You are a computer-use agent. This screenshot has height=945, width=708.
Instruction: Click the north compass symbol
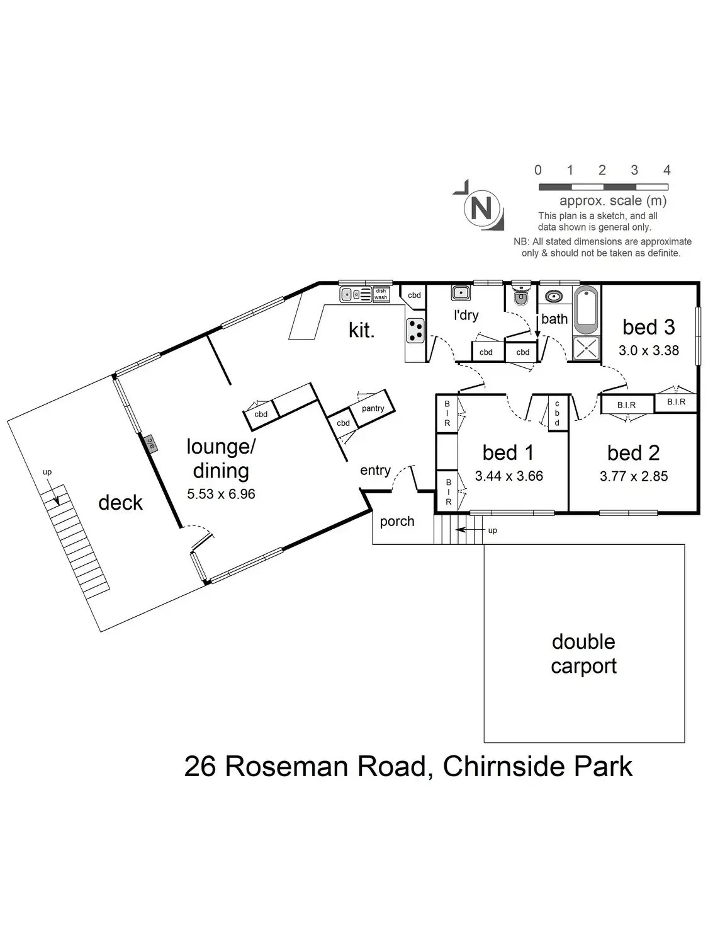(481, 207)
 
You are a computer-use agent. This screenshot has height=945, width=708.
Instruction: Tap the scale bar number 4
(666, 170)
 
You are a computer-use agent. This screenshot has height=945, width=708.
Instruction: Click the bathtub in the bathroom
(587, 309)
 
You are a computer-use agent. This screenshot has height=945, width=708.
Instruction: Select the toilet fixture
(520, 296)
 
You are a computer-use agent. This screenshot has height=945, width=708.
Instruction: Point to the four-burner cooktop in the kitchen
(415, 329)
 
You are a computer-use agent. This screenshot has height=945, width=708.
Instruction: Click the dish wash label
(381, 294)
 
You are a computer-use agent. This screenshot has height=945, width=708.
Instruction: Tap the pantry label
(373, 408)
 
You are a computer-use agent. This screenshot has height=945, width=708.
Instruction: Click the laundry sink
(460, 293)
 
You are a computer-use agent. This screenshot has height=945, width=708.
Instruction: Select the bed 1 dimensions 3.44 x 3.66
(509, 476)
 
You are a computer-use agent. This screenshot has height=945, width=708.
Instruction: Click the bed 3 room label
(648, 327)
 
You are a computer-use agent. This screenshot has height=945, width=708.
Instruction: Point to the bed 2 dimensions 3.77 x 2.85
(633, 476)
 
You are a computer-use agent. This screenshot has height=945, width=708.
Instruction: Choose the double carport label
(583, 654)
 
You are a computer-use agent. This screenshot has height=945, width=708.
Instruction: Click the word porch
(397, 522)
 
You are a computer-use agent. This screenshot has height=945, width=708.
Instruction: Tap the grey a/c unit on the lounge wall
(150, 444)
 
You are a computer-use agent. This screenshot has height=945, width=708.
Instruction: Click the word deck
(120, 503)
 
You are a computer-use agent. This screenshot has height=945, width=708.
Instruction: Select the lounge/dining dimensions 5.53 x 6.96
(221, 494)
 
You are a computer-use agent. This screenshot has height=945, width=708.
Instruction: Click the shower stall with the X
(587, 348)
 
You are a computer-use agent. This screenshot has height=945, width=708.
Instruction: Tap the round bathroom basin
(554, 296)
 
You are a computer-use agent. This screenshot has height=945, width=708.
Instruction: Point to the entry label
(375, 471)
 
